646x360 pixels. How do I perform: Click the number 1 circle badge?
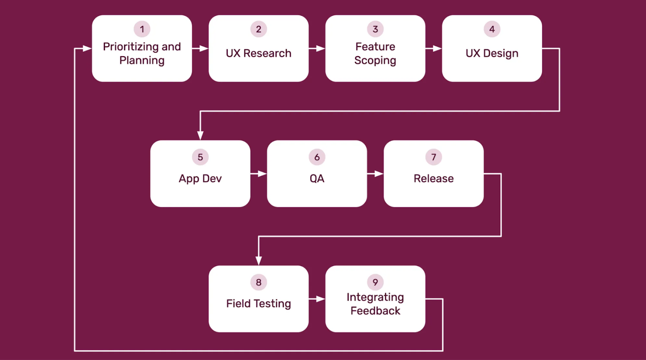click(x=142, y=29)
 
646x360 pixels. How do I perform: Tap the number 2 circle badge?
click(x=258, y=29)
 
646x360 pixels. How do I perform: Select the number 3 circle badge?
click(x=375, y=29)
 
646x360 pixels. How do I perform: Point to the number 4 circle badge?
click(x=492, y=29)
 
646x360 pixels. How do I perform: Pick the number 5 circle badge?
click(x=200, y=157)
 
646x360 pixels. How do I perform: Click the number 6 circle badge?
click(x=317, y=157)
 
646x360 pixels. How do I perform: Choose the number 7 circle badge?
click(x=434, y=157)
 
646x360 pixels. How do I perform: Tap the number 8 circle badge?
click(x=258, y=282)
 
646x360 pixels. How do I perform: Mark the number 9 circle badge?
click(x=375, y=282)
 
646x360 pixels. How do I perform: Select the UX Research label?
click(x=258, y=53)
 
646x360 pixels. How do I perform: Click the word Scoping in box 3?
click(x=375, y=61)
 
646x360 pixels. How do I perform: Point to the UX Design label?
click(x=492, y=54)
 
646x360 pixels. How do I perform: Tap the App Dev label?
click(x=200, y=179)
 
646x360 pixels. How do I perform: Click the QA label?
click(x=317, y=179)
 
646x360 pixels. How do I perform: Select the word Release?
click(x=434, y=179)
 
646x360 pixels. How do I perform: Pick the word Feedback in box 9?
click(x=375, y=311)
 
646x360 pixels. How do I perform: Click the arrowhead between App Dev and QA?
click(x=262, y=173)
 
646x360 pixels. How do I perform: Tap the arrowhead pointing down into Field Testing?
click(x=258, y=261)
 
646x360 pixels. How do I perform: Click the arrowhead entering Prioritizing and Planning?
click(x=87, y=48)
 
